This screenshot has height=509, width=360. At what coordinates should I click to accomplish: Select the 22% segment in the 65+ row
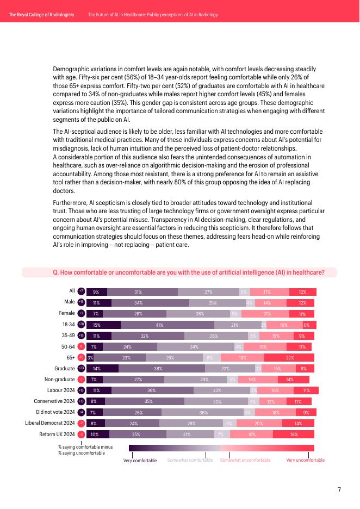point(290,357)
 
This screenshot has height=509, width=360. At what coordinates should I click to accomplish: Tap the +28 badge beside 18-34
point(81,324)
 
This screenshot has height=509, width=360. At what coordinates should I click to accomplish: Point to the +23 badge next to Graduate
point(81,368)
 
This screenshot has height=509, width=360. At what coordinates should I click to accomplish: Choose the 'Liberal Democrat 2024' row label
point(50,423)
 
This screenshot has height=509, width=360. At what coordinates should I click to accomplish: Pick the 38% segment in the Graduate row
point(162,368)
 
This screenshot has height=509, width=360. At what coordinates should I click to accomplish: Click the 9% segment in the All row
point(96,291)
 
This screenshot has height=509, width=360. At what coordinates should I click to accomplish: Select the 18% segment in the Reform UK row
point(294,434)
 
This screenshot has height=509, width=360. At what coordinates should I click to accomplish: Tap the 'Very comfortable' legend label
point(140,461)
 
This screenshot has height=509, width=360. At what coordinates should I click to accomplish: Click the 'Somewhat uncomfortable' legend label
point(245,461)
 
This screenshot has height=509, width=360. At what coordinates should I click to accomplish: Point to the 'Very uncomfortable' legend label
point(306,461)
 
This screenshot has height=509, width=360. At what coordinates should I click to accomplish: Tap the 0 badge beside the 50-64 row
point(81,346)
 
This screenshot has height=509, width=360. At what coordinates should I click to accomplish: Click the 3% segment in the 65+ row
point(90,357)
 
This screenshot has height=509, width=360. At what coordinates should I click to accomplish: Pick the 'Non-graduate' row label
point(60,379)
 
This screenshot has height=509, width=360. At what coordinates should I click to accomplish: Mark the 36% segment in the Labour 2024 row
point(152,390)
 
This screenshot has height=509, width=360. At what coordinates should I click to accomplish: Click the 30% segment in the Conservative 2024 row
point(217,401)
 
